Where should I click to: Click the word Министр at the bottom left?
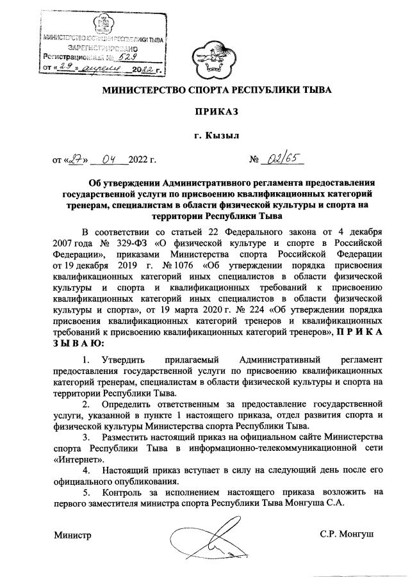pos(72,533)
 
